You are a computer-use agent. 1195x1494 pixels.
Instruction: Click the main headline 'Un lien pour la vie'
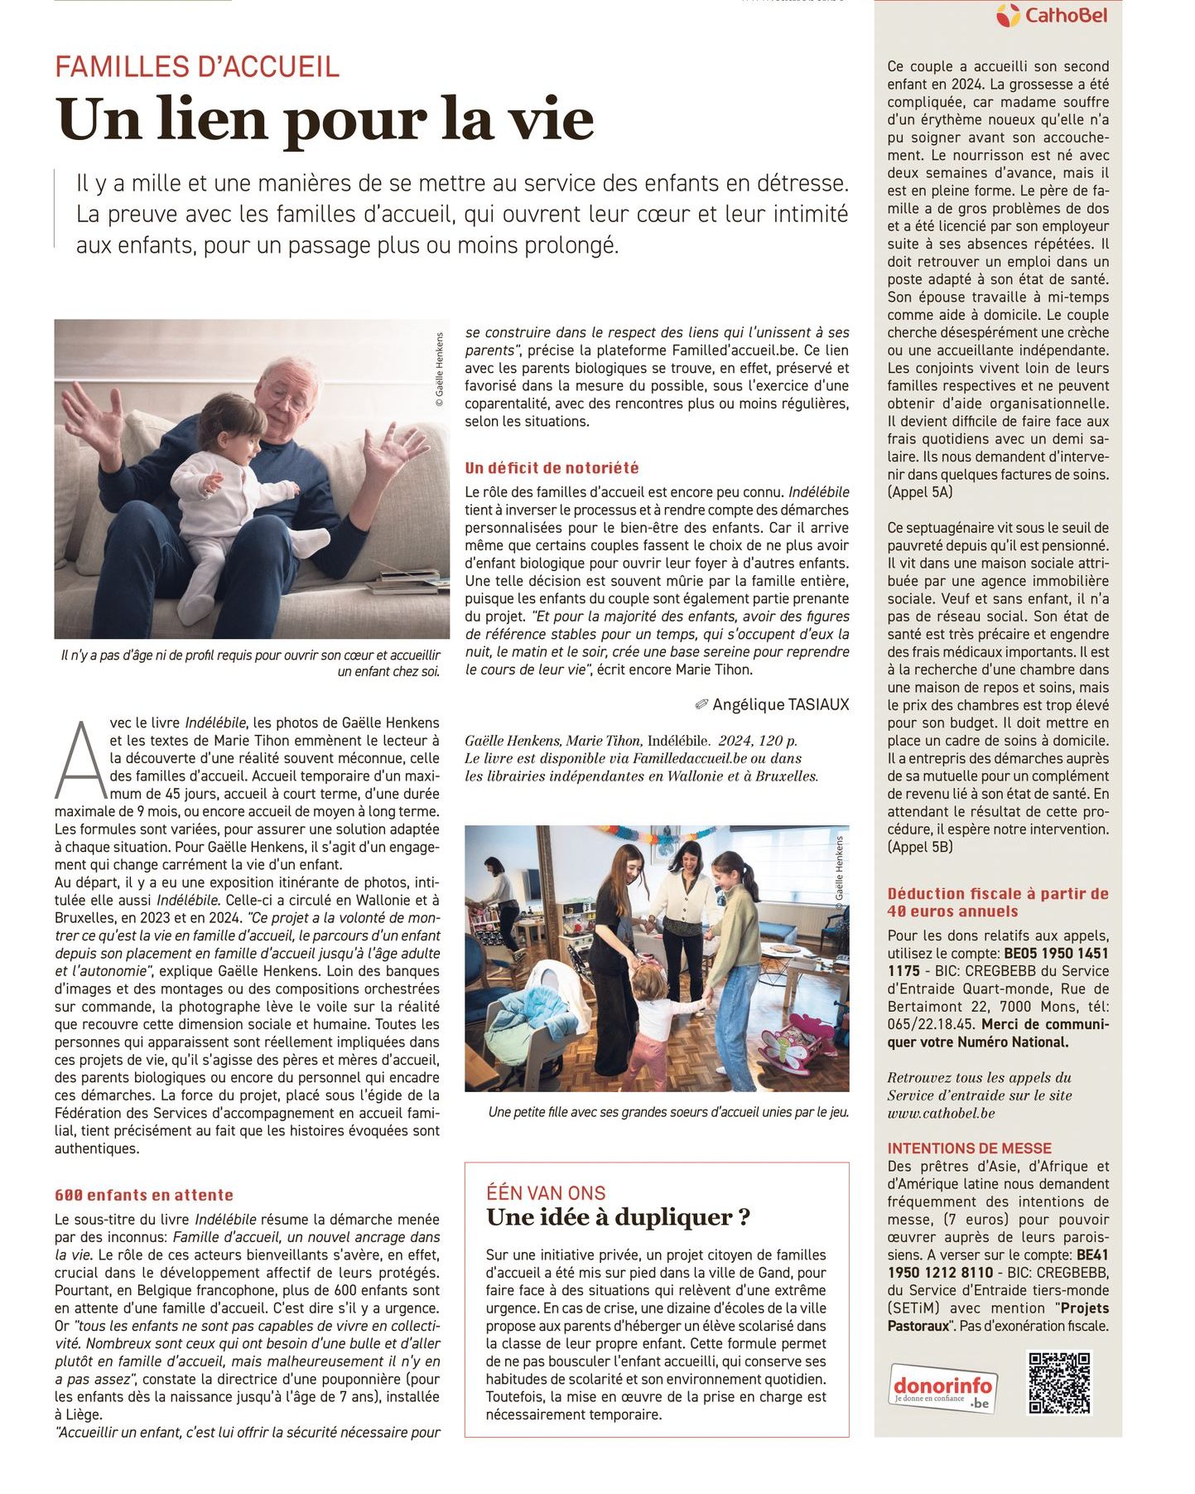coord(325,119)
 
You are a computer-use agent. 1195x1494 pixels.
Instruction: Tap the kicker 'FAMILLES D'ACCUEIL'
coord(197,66)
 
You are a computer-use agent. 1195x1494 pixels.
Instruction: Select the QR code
coord(1059,1382)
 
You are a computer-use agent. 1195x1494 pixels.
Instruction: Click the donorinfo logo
coord(943,1386)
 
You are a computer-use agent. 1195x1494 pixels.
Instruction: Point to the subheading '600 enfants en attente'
coord(144,1195)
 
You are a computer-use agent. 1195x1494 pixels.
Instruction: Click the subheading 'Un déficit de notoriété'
coord(552,468)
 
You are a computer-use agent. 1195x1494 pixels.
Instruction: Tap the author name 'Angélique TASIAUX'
coord(780,704)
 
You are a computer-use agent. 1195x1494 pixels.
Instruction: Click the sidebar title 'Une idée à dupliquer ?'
coord(619,1217)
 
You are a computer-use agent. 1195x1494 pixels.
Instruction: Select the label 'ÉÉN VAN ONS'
coord(546,1193)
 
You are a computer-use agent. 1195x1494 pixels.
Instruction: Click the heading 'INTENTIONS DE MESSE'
coord(969,1148)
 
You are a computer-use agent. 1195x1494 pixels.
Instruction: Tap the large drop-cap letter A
coord(80,761)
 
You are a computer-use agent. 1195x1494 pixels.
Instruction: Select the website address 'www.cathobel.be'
coord(941,1113)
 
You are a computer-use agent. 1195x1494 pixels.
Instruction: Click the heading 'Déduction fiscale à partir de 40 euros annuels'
coord(997,902)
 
